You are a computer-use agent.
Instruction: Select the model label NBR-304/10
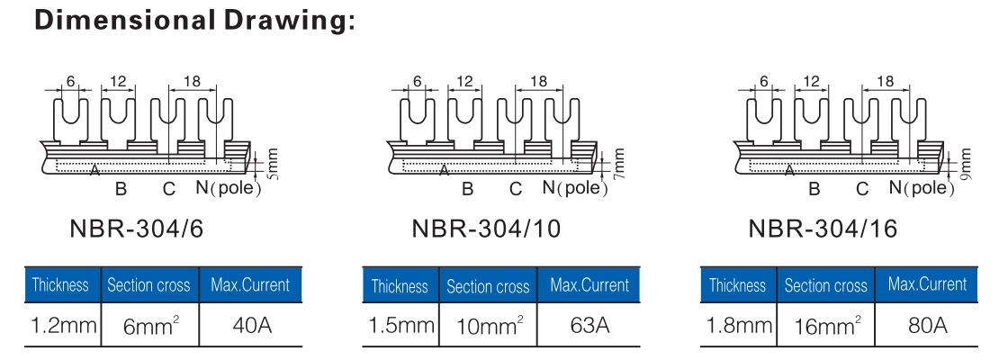click(x=486, y=229)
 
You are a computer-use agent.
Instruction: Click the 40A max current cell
click(x=251, y=324)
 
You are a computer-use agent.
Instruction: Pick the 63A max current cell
click(x=589, y=324)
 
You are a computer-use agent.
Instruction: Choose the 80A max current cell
click(x=927, y=324)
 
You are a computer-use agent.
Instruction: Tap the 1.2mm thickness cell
click(x=63, y=324)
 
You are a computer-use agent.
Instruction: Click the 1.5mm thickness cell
click(x=401, y=324)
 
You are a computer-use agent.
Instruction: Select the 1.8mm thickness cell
click(x=740, y=324)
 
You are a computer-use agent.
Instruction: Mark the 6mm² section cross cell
click(x=149, y=324)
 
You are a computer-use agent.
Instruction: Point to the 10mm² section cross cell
click(x=487, y=324)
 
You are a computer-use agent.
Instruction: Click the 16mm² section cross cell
click(x=825, y=324)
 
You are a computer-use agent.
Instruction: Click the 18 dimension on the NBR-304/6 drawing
click(x=191, y=82)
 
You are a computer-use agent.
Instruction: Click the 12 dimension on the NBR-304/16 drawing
click(x=812, y=82)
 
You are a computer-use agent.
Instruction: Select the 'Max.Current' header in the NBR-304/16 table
click(x=927, y=284)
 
